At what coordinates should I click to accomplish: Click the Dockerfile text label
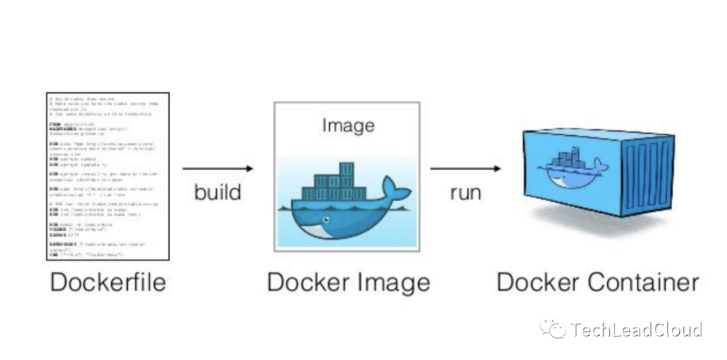108,282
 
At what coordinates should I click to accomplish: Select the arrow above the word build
217,168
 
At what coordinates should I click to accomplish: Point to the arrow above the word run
465,168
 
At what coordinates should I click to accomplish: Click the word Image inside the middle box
347,126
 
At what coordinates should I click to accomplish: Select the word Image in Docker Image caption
392,282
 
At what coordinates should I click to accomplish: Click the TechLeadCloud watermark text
636,330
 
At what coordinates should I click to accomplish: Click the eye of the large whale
327,219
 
